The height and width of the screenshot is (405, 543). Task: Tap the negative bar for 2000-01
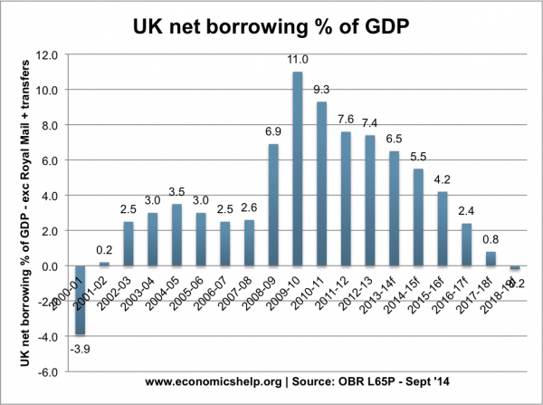(x=81, y=300)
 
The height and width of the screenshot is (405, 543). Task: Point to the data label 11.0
(x=298, y=61)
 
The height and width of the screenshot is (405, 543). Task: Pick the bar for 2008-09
(x=272, y=205)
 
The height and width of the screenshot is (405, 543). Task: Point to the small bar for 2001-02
(x=104, y=264)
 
